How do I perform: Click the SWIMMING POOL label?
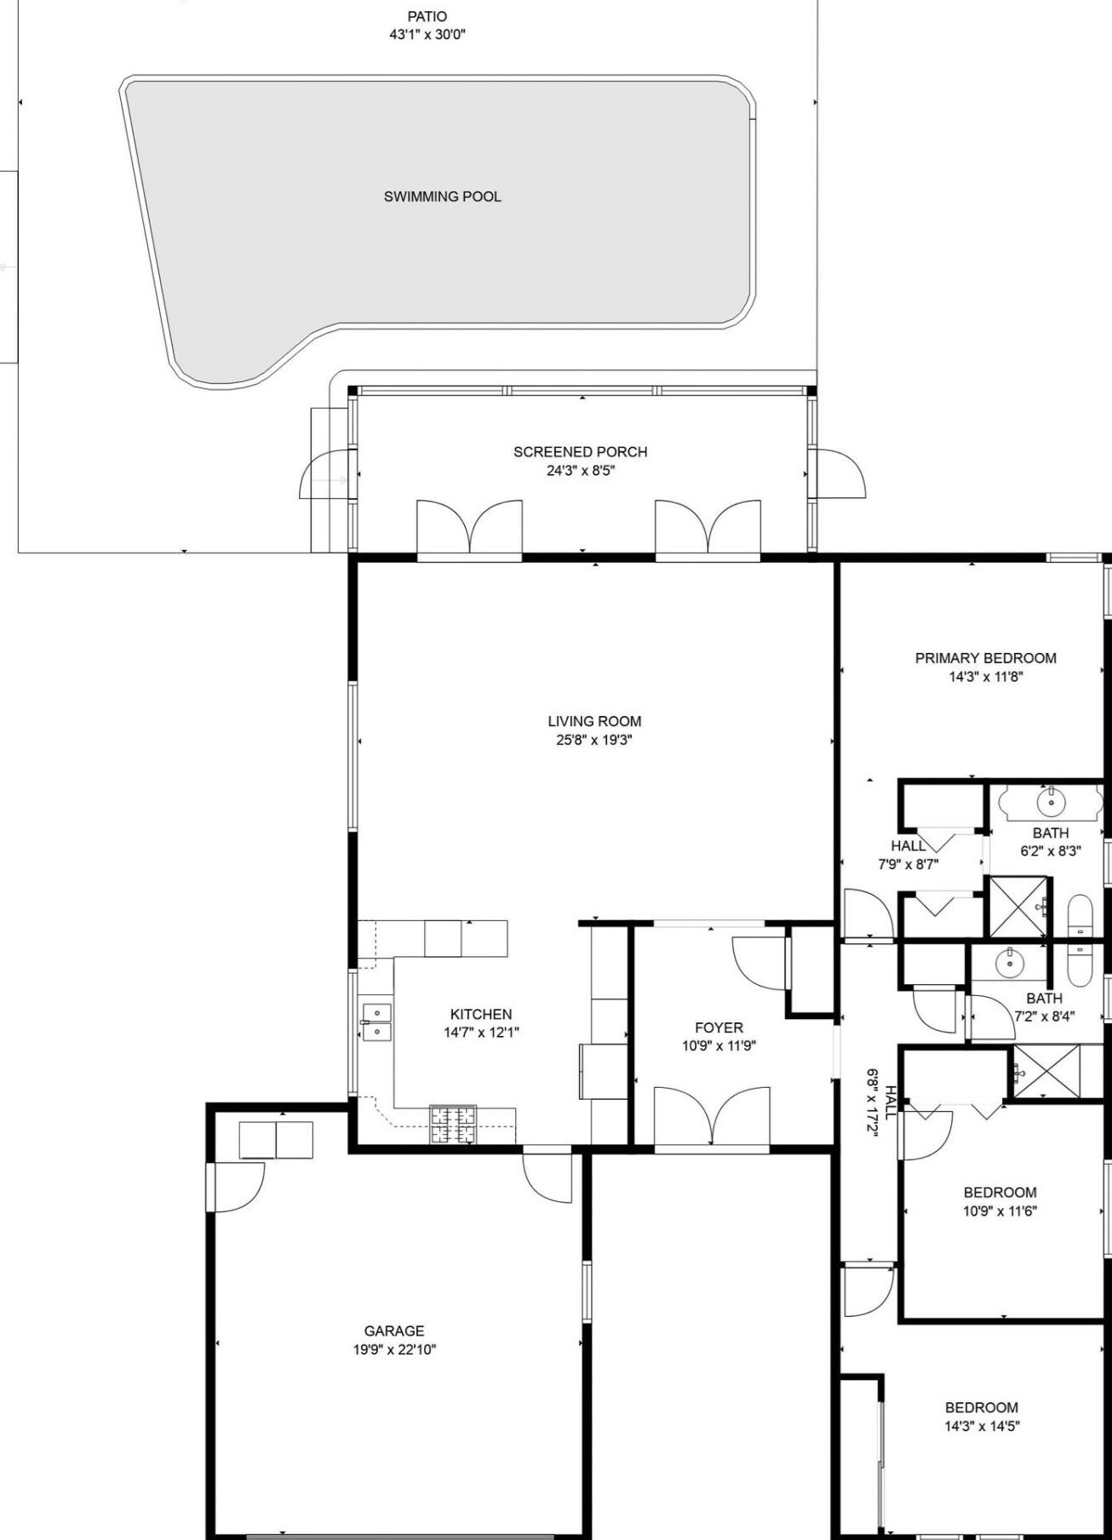[442, 197]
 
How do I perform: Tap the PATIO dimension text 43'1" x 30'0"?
[427, 35]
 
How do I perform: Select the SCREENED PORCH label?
[580, 452]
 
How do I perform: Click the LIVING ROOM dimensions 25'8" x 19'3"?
[594, 740]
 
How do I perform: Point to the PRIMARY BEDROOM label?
[985, 658]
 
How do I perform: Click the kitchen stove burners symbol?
[453, 1124]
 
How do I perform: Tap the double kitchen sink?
[376, 1022]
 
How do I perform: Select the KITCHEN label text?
[481, 1014]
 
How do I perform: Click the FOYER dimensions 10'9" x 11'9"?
[719, 1046]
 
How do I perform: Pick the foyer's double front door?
[712, 1117]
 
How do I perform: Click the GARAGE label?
[394, 1331]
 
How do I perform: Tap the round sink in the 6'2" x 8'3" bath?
[1052, 801]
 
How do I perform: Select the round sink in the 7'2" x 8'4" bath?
[1009, 963]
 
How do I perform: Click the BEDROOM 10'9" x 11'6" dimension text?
[1000, 1211]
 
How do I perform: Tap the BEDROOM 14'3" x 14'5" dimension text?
[982, 1426]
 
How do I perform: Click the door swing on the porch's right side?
[837, 472]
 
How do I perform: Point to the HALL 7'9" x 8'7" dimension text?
[909, 864]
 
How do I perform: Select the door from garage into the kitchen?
[547, 1175]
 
